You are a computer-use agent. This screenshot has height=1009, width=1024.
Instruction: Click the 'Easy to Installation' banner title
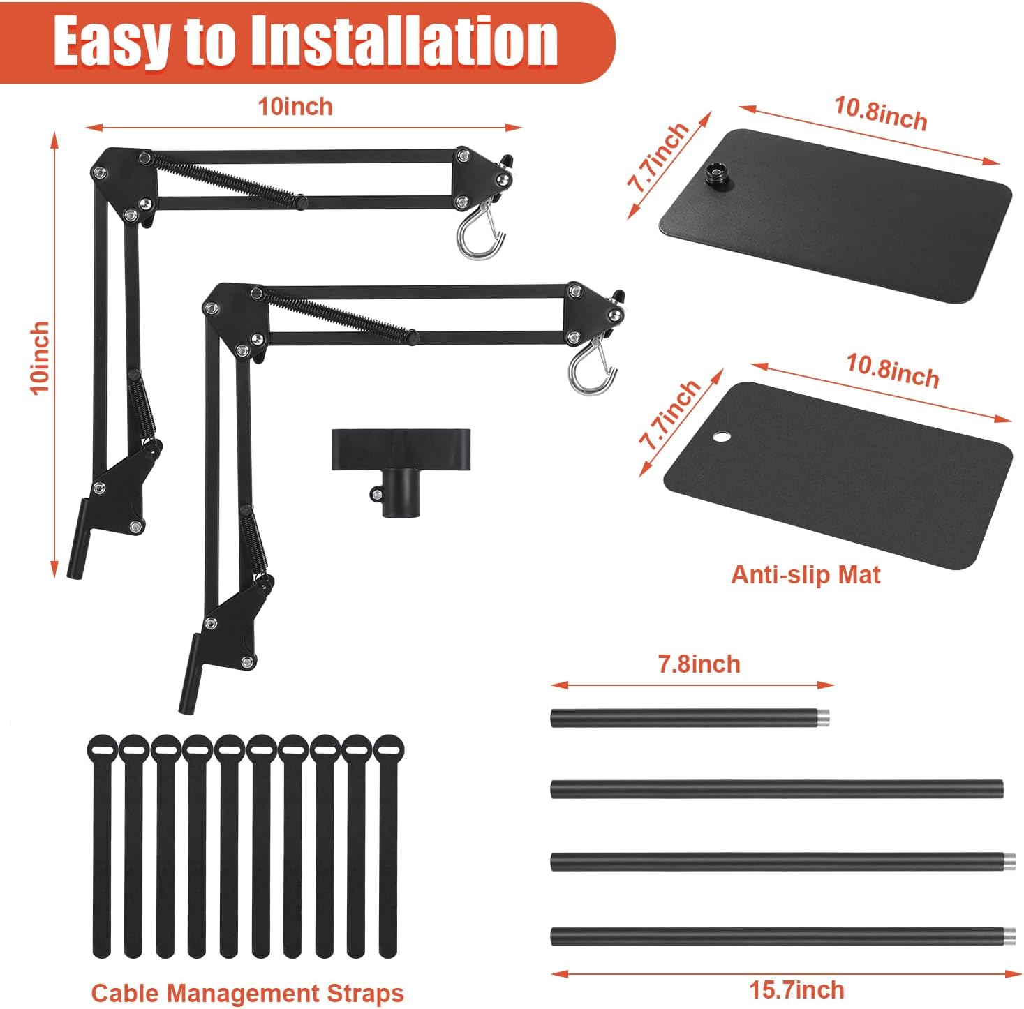306,41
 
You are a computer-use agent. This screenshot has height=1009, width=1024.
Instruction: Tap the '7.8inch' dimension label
699,664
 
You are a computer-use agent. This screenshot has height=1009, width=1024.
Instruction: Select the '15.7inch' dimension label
796,990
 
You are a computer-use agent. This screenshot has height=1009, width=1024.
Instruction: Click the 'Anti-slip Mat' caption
806,574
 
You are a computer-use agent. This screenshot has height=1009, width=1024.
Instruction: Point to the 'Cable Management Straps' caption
248,992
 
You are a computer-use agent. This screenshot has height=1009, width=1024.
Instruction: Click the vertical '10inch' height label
40,358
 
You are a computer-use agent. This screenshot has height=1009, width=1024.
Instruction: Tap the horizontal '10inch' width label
295,107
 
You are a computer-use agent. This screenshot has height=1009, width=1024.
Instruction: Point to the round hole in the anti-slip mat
721,438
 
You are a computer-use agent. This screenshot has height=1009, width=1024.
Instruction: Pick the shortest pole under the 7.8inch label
690,718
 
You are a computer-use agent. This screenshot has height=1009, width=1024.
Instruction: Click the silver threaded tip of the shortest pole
823,718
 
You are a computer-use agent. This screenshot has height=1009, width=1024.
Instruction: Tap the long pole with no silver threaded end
776,788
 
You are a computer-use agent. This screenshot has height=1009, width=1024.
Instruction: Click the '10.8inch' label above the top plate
880,113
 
